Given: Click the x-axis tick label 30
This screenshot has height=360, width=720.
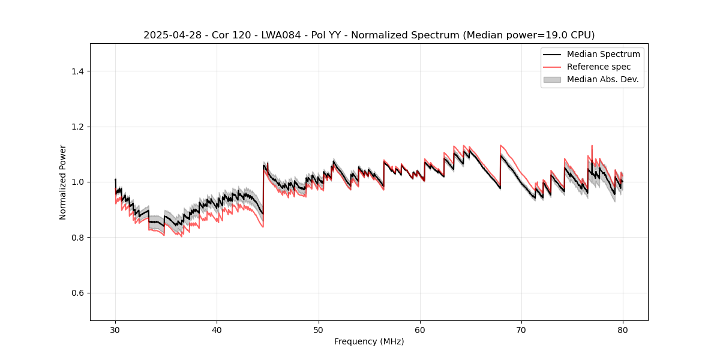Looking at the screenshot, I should click(115, 329).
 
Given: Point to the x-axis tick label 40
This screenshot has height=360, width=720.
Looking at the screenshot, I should click(217, 329).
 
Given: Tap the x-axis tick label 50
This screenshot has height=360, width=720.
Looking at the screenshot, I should click(319, 329).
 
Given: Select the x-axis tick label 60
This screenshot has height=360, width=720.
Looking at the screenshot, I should click(420, 329).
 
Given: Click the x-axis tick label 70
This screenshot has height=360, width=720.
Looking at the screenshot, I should click(521, 329).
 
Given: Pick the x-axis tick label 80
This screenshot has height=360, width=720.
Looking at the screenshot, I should click(623, 329).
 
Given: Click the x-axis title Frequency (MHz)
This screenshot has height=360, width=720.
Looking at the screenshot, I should click(369, 341).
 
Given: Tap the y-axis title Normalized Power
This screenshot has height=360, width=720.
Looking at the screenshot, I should click(63, 182).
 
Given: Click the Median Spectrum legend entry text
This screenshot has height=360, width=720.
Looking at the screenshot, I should click(603, 54).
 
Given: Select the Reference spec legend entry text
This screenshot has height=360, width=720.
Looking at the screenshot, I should click(599, 67).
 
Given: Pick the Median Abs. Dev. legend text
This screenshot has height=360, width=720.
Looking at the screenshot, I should click(602, 79).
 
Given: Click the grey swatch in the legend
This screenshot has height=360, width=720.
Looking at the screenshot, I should click(552, 79).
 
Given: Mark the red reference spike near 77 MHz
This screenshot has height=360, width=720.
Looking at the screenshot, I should click(592, 146).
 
